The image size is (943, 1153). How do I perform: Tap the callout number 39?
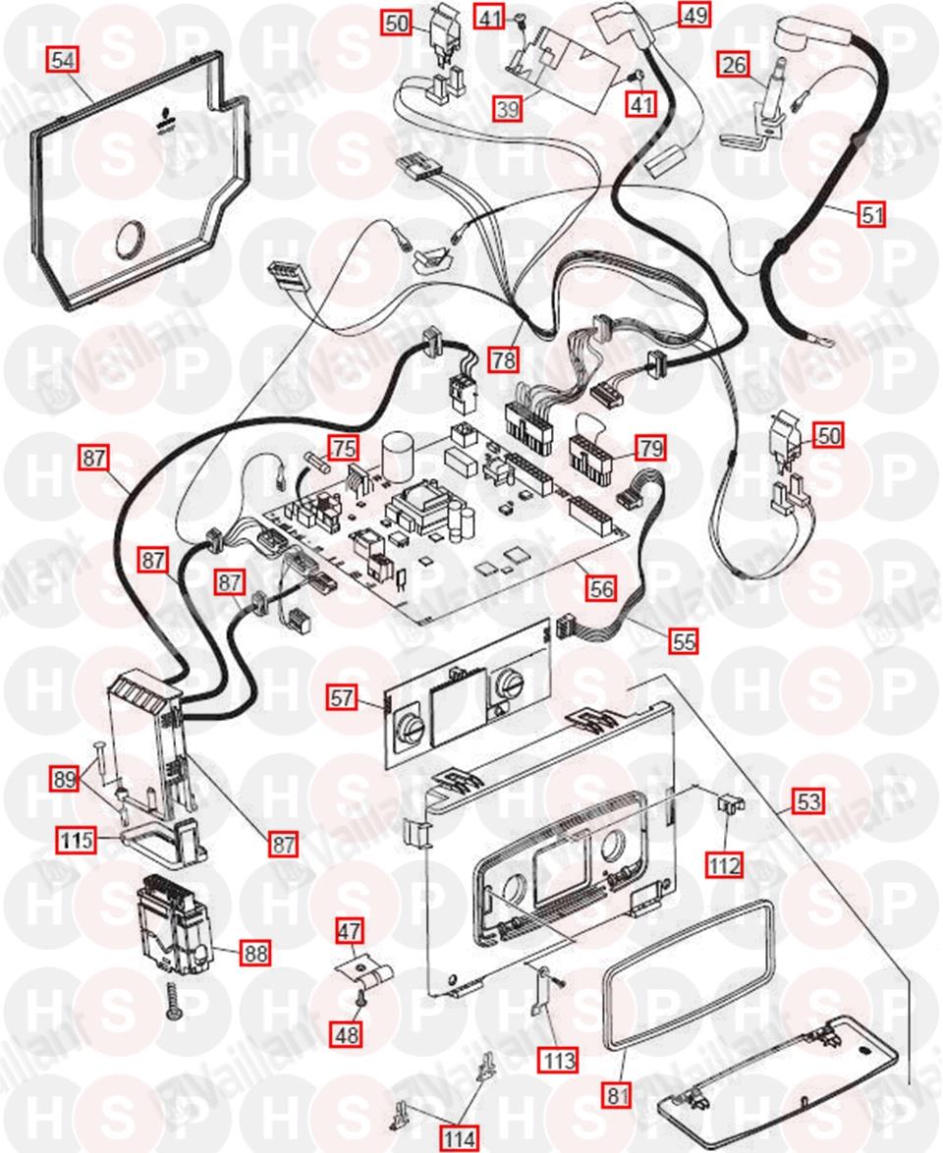click(x=507, y=109)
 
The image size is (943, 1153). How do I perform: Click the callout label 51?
click(x=871, y=214)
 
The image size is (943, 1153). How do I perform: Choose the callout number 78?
click(x=504, y=360)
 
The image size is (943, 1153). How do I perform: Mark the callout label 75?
click(x=343, y=448)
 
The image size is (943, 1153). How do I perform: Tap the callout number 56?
click(x=601, y=587)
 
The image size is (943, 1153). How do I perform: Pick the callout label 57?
click(x=342, y=699)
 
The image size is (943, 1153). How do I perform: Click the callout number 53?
click(x=808, y=801)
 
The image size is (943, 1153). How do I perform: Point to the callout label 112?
click(x=726, y=864)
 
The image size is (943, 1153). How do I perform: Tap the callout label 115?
click(x=74, y=841)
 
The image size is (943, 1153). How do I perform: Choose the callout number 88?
click(x=256, y=952)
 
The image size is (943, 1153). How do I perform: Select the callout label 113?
click(x=556, y=1060)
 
